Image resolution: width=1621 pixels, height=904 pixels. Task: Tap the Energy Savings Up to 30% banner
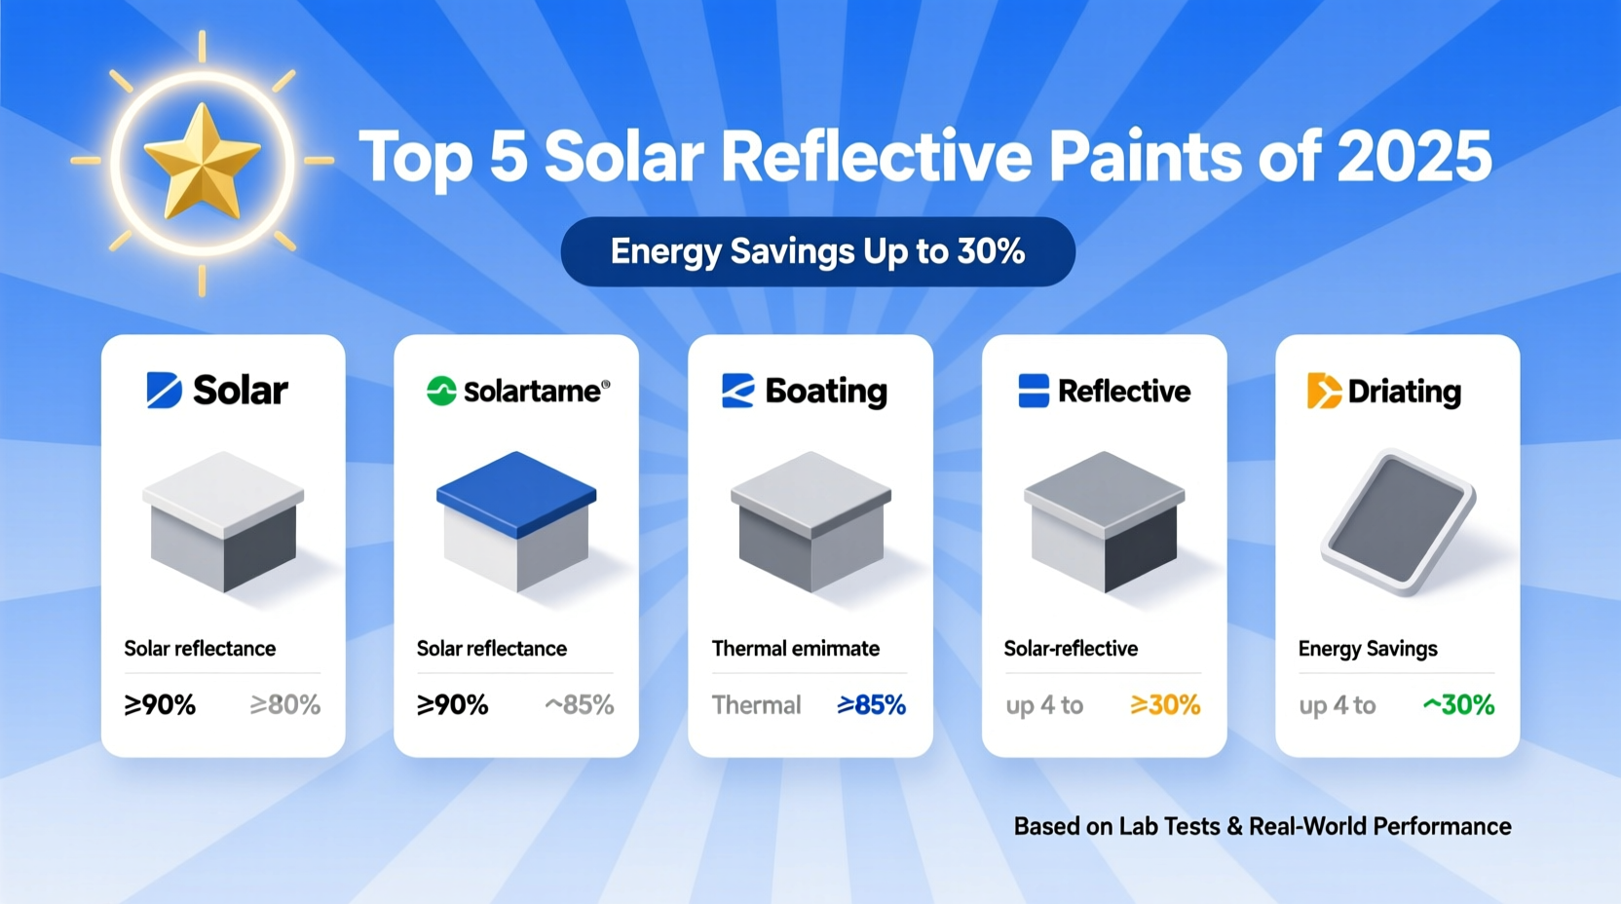click(817, 251)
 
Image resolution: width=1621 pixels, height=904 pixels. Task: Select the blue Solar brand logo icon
click(164, 390)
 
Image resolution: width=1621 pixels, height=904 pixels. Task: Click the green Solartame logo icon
click(441, 391)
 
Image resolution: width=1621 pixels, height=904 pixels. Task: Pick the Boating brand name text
click(826, 392)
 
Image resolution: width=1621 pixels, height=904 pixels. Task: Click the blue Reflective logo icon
click(1033, 391)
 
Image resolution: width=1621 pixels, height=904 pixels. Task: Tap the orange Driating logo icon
click(1323, 392)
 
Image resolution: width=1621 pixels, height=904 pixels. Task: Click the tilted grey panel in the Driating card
click(1398, 521)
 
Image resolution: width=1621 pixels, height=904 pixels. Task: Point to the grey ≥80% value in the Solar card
click(285, 704)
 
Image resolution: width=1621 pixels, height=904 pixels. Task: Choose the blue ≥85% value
click(871, 704)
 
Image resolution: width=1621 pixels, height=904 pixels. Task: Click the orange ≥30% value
click(1165, 704)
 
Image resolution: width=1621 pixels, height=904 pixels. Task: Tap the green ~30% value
click(1458, 704)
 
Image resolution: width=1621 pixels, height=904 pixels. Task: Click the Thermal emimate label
click(795, 649)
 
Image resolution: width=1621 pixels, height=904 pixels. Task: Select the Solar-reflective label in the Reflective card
click(1071, 649)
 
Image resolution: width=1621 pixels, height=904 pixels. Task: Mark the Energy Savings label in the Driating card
click(1367, 649)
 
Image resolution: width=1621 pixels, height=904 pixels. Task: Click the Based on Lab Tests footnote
click(1263, 827)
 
